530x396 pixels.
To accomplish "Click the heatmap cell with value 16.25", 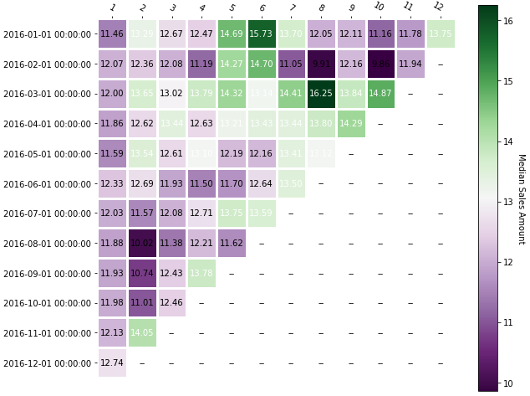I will pos(321,94).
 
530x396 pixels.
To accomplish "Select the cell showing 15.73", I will pos(262,34).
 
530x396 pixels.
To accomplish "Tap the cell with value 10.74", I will pos(142,274).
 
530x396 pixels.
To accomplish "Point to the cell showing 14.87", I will pos(380,94).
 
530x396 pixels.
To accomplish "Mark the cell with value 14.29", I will pos(351,124).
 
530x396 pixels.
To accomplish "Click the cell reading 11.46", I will pos(112,34).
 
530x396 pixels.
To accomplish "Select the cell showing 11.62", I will pos(232,244).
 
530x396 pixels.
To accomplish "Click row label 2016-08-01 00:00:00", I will pos(47,244).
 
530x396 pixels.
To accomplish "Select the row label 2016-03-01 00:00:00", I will pos(47,94).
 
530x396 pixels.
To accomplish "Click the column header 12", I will pos(439,8).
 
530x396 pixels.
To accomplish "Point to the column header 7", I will pos(292,8).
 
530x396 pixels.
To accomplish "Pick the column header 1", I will pos(113,8).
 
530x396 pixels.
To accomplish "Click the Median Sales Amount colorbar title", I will pos(521,198).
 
